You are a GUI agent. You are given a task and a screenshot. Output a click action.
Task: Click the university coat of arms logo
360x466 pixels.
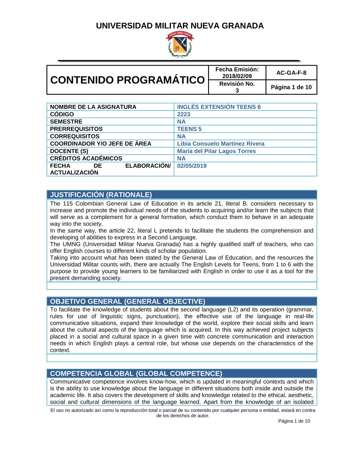point(180,44)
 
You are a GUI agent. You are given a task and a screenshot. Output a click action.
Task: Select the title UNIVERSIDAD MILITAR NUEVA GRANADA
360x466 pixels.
point(180,26)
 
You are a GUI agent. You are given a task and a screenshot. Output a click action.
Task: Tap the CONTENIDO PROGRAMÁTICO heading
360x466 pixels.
point(127,80)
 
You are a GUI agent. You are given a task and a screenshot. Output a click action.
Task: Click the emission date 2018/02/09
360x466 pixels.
point(237,76)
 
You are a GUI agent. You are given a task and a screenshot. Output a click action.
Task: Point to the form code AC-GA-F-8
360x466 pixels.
point(291,73)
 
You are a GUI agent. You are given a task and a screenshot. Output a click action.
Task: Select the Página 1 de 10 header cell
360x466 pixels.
point(291,87)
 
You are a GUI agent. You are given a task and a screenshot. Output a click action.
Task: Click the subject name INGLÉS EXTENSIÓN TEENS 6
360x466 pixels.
point(219,107)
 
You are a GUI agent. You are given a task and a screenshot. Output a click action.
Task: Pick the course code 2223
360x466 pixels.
point(184,114)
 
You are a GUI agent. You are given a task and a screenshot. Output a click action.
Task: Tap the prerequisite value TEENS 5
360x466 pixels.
point(189,129)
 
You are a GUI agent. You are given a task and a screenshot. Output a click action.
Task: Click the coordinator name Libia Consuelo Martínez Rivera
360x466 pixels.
point(221,144)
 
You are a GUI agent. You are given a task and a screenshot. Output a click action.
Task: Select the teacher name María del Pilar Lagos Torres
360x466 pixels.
point(216,151)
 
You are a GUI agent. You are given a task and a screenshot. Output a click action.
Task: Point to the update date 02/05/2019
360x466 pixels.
point(192,166)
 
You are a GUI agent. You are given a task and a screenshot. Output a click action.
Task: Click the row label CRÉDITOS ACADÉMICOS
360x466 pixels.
point(86,158)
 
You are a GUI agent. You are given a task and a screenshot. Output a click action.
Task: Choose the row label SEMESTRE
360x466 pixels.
point(66,122)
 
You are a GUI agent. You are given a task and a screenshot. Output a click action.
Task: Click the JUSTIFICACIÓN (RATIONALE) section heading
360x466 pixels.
point(101,195)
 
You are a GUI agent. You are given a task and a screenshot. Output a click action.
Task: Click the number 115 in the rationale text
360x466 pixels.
point(68,204)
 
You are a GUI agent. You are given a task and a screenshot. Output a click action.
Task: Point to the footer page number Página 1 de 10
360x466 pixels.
point(294,421)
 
